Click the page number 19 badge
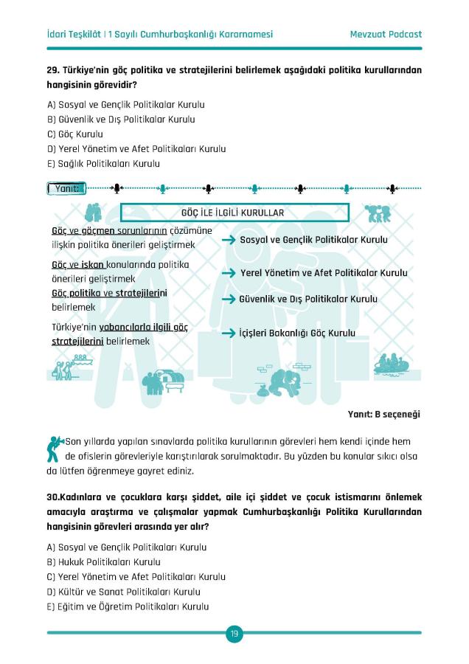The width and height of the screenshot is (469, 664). click(x=234, y=633)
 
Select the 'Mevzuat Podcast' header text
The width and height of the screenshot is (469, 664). click(x=386, y=34)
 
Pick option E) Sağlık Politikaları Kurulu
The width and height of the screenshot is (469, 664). click(x=103, y=164)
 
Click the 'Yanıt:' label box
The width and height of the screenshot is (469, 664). click(x=66, y=188)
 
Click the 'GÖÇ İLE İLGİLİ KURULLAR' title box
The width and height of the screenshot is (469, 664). click(x=234, y=212)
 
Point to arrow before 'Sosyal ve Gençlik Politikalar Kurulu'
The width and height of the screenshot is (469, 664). click(x=229, y=241)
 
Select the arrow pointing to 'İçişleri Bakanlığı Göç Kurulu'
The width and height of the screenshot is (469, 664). click(x=229, y=333)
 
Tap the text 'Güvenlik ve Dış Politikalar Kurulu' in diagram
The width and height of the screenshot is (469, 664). click(x=308, y=300)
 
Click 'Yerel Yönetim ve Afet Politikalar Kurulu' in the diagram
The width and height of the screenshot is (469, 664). click(x=324, y=273)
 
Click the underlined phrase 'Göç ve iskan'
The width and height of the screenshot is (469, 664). click(x=77, y=264)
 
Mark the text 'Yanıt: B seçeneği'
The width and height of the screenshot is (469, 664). click(x=383, y=415)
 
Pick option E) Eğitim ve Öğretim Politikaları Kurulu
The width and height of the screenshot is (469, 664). click(x=128, y=606)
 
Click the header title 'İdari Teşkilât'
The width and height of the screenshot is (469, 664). click(x=74, y=34)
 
